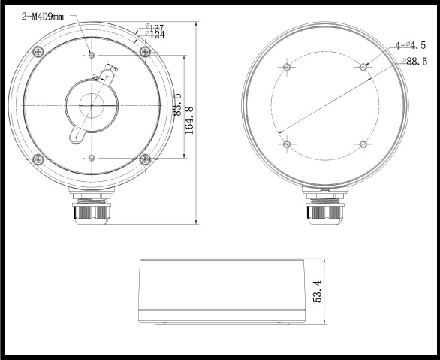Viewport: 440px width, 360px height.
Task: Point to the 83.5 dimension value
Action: pos(177,106)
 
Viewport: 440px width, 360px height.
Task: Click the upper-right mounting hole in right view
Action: pos(363,67)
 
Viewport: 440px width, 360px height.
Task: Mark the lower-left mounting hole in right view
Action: pos(286,143)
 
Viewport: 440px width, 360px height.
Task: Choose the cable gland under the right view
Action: pos(324,206)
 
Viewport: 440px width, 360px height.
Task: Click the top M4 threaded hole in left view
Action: pos(92,55)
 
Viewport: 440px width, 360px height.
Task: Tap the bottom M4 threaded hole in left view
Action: pos(92,157)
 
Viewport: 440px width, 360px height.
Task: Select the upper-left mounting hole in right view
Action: pos(286,67)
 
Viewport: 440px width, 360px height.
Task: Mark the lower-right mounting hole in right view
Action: pos(363,143)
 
